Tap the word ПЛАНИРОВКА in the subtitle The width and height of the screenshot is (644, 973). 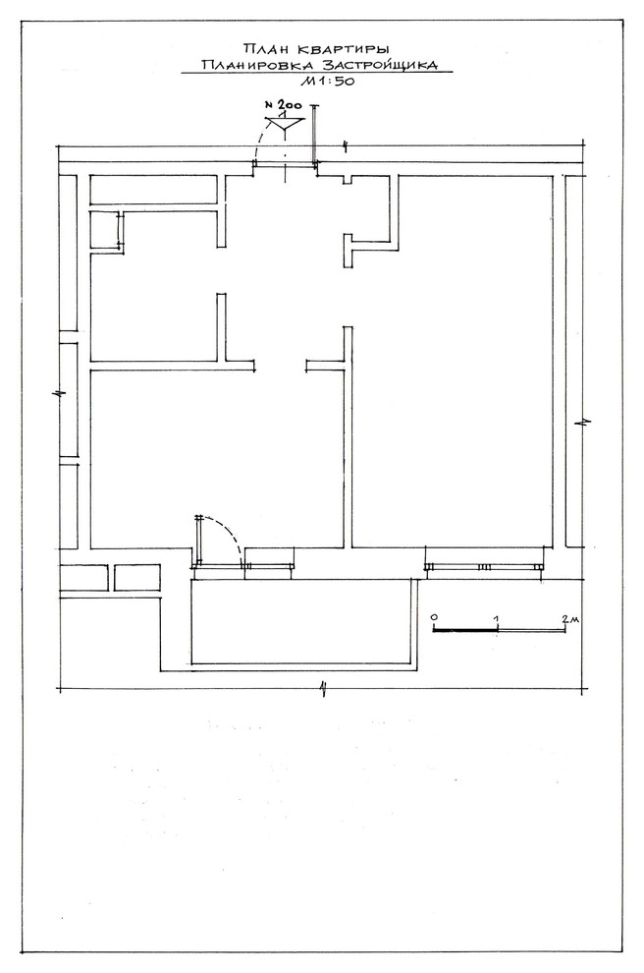[258, 65]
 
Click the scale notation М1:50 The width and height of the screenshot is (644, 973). [327, 81]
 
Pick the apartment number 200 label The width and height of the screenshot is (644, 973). [286, 105]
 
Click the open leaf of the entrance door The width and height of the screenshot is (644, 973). [315, 135]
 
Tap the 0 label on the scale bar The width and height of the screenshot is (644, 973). [434, 617]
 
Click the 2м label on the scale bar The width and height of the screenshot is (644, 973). [568, 617]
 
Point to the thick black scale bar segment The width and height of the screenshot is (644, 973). [465, 629]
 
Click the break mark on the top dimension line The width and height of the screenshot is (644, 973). [346, 146]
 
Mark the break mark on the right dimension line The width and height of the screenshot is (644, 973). [585, 422]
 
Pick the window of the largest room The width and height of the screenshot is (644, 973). [484, 567]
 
